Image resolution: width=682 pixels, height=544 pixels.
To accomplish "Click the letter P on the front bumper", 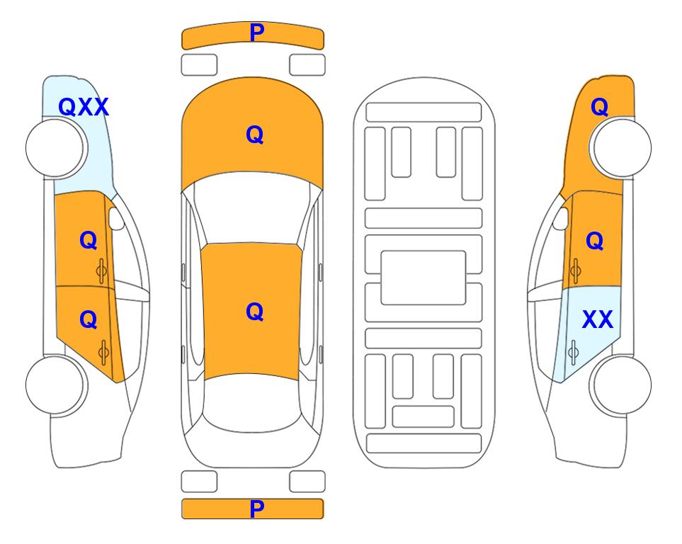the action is pyautogui.click(x=256, y=32).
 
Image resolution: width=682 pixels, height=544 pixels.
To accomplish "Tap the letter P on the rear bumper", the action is pyautogui.click(x=256, y=509).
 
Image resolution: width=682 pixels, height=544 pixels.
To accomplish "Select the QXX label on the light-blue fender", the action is pyautogui.click(x=83, y=107).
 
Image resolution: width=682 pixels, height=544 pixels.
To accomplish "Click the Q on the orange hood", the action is pyautogui.click(x=254, y=135).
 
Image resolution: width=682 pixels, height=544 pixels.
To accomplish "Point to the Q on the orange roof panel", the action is pyautogui.click(x=254, y=312).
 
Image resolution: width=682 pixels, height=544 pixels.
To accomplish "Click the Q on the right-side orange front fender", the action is pyautogui.click(x=599, y=107).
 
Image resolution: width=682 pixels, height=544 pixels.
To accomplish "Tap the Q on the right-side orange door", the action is pyautogui.click(x=595, y=241).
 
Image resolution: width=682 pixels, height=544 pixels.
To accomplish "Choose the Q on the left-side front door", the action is pyautogui.click(x=89, y=240).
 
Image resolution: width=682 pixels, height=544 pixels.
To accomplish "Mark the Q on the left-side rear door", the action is pyautogui.click(x=89, y=319).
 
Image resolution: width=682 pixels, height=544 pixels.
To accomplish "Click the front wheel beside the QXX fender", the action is pyautogui.click(x=55, y=148).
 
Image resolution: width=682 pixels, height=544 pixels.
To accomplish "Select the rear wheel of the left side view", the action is pyautogui.click(x=55, y=385).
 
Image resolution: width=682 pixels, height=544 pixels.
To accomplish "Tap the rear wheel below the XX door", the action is pyautogui.click(x=622, y=385).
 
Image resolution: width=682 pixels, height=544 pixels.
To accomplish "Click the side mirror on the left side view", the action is pyautogui.click(x=116, y=218).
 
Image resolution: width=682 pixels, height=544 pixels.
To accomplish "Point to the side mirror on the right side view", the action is pyautogui.click(x=561, y=218).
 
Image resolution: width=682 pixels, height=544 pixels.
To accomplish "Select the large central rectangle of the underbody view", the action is pyautogui.click(x=424, y=278).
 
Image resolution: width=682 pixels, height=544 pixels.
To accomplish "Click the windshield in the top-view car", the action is pyautogui.click(x=252, y=208).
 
